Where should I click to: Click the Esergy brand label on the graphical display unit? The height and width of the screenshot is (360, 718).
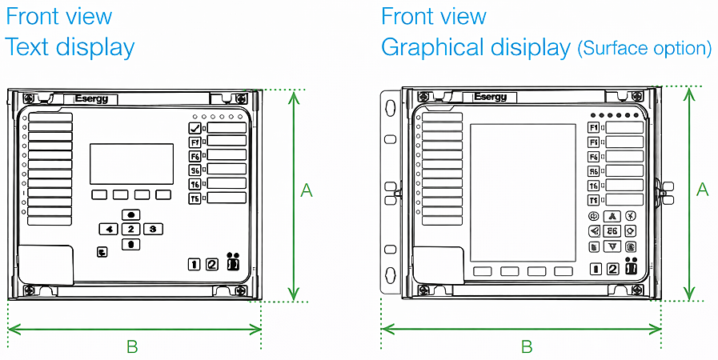click(x=490, y=97)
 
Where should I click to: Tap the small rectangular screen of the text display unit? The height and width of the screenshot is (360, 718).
click(x=131, y=164)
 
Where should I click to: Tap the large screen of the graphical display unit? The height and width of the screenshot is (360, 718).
click(x=523, y=193)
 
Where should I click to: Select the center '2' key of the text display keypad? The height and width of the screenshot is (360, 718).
click(x=130, y=229)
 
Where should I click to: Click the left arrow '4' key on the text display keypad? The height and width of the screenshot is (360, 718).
click(x=108, y=229)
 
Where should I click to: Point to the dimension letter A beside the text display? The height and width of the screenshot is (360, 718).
click(x=306, y=190)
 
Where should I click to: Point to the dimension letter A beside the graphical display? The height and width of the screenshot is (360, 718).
click(x=703, y=190)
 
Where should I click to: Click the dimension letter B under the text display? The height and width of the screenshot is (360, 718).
click(x=132, y=346)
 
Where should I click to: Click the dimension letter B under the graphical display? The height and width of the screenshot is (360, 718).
click(x=527, y=346)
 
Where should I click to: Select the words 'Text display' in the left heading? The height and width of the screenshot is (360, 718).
click(x=70, y=47)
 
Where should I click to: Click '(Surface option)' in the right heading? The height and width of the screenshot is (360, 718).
click(x=644, y=49)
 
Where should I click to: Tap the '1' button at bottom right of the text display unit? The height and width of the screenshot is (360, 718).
click(x=194, y=265)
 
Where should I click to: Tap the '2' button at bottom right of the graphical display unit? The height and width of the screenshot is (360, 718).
click(x=612, y=269)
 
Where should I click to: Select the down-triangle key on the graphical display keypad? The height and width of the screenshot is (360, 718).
click(x=612, y=246)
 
